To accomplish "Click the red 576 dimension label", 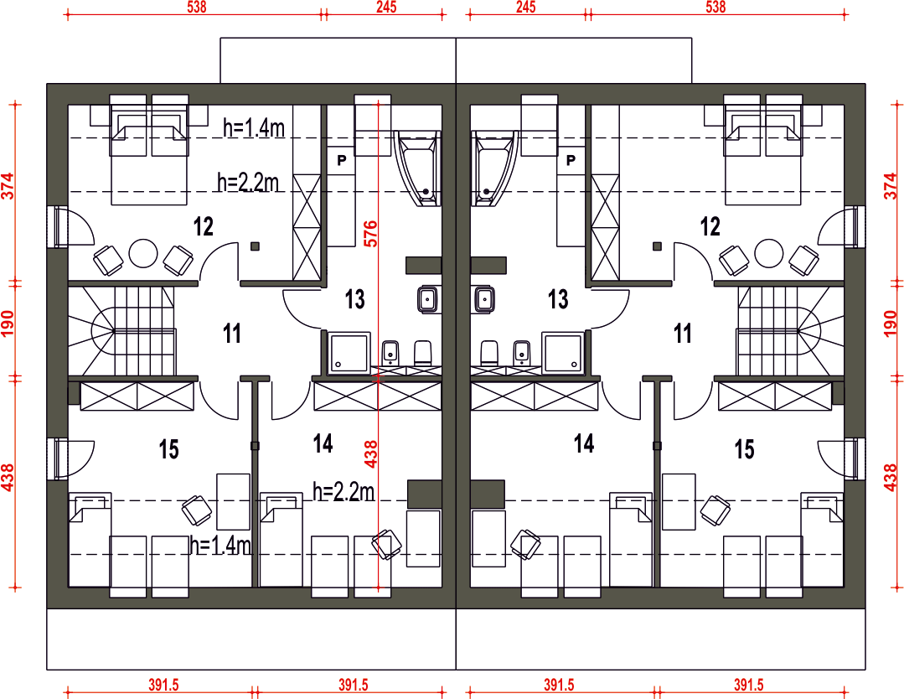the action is [370, 234].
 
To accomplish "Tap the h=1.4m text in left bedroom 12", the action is [254, 127].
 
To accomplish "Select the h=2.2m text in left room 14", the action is [344, 491].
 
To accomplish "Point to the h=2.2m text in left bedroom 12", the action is [248, 182].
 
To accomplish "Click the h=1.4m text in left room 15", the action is [220, 545].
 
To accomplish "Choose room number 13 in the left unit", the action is [355, 299].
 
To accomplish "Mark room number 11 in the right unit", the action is [683, 334].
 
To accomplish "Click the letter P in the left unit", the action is [342, 160].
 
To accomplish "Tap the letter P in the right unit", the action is [571, 160].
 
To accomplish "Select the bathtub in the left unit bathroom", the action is [417, 168].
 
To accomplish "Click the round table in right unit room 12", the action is [769, 253].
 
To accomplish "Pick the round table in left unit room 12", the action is [143, 253].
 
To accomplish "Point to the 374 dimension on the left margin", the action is [8, 186].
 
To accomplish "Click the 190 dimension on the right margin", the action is [891, 324].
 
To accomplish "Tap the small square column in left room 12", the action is [255, 246].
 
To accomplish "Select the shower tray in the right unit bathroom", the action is [563, 352].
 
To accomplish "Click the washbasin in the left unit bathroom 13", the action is [427, 299].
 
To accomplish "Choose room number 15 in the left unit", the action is [169, 449].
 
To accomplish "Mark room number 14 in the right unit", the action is [583, 443].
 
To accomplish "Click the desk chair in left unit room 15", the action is [197, 510].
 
